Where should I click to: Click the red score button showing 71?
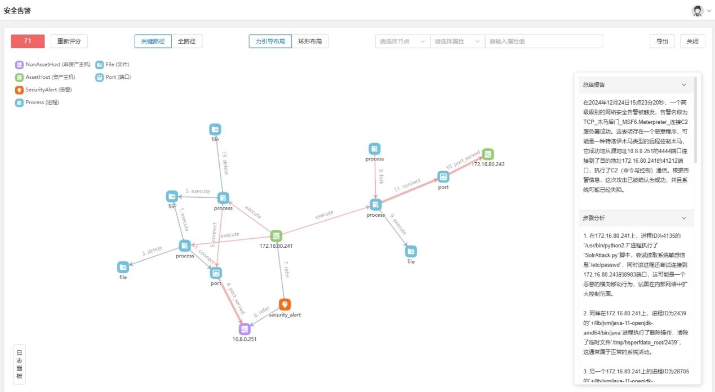coord(28,41)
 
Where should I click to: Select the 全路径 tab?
coord(186,41)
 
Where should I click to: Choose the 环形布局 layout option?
coord(310,41)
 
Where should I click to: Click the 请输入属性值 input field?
coord(544,41)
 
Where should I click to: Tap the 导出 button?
coord(662,41)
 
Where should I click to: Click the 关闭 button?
coord(692,41)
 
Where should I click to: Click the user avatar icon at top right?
coord(698,11)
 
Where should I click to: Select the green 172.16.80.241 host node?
coord(276,236)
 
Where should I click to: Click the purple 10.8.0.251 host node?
coord(245,329)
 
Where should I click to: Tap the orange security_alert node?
coord(285,305)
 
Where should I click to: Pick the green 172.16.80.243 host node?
coord(488,154)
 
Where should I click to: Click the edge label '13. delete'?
coord(224,162)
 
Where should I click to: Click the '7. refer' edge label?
coord(286,269)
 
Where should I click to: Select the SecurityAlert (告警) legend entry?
coord(48,90)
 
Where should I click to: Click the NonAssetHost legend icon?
coord(19,65)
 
